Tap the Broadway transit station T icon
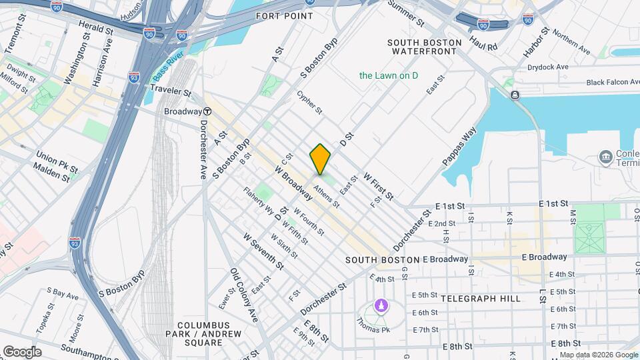[x=208, y=111]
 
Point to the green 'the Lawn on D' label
[x=389, y=75]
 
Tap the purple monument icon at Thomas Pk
[x=381, y=306]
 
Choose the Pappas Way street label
[x=460, y=147]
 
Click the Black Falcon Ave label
[x=613, y=82]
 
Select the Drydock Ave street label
[x=547, y=67]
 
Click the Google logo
[x=21, y=352]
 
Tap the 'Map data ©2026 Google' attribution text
[x=599, y=355]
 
